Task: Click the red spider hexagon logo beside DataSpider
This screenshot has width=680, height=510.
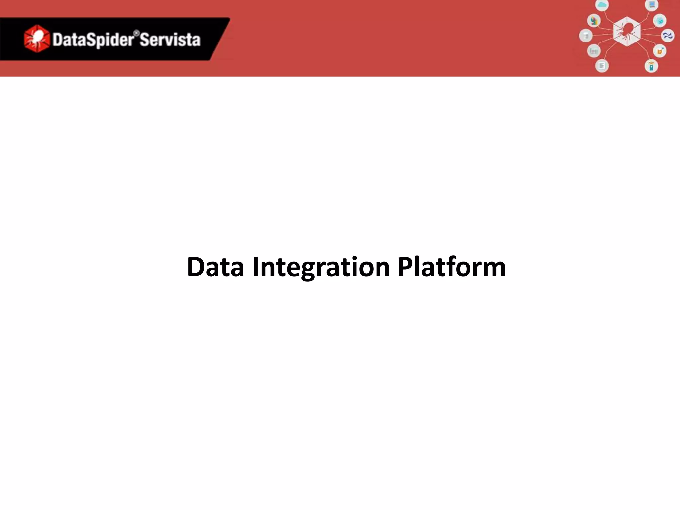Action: tap(37, 39)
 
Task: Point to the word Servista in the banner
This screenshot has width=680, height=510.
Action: tap(170, 40)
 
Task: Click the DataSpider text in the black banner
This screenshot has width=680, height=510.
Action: tap(93, 40)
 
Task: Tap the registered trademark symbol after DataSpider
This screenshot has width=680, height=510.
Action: tap(136, 33)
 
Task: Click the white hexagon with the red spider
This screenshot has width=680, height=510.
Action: tap(627, 32)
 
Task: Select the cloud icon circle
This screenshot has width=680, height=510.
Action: tap(602, 5)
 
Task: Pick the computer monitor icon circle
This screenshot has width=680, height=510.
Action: tap(652, 5)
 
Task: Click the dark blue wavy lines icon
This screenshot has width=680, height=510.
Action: tap(668, 36)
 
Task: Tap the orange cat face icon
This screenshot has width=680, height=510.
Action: tap(660, 51)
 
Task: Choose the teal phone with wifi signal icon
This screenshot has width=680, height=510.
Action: tap(651, 66)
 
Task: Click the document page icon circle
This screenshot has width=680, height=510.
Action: tap(602, 66)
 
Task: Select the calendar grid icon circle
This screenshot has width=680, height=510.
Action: tap(594, 51)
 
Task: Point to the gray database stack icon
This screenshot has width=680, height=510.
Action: tap(586, 36)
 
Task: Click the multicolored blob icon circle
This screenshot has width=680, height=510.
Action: tap(594, 21)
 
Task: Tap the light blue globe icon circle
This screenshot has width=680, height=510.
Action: tap(660, 21)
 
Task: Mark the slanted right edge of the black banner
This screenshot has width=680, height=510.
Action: tap(220, 39)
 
